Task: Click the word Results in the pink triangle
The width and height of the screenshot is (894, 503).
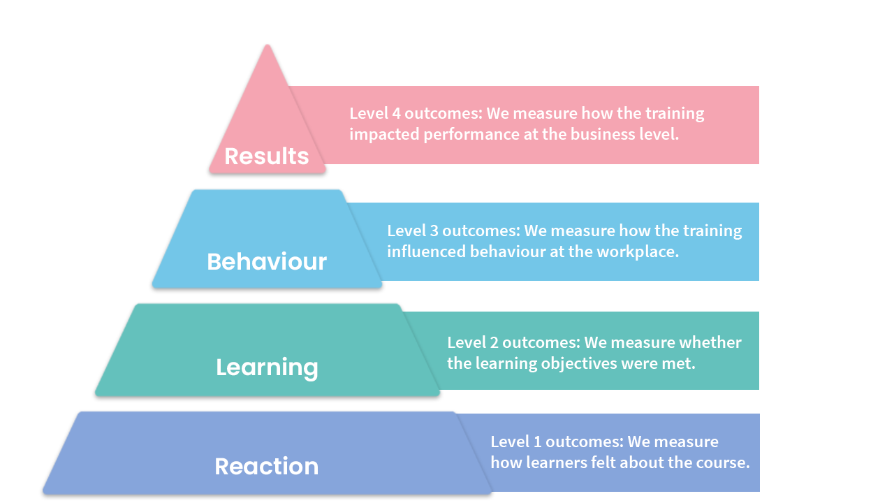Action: (267, 156)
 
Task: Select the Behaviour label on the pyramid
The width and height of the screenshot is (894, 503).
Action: (267, 262)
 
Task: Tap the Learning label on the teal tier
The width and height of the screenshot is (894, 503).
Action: (267, 367)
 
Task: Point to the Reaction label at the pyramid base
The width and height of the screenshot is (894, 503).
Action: (267, 466)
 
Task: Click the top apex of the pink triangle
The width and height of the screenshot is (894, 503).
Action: (268, 45)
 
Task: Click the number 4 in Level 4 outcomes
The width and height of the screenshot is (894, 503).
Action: (396, 113)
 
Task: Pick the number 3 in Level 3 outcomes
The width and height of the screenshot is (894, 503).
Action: (434, 231)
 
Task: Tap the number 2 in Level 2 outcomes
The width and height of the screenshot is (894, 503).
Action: (494, 342)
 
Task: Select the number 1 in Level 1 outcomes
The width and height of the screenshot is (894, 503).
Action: (537, 442)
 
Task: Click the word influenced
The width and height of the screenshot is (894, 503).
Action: (426, 252)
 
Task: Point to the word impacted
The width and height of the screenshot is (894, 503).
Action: (384, 136)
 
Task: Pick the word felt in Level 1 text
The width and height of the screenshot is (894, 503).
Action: (603, 462)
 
